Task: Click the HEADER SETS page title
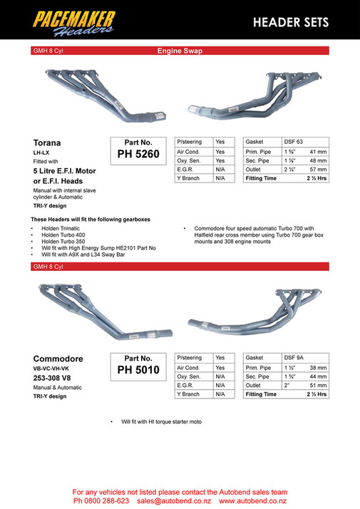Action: coord(290,22)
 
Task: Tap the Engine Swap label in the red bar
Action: coord(180,51)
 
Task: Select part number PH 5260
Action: coord(138,153)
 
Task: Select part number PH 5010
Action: coord(138,369)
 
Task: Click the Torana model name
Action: coord(48,143)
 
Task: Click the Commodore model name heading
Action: coord(58,359)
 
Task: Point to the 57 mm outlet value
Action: coord(317,170)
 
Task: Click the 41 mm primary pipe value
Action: coord(317,152)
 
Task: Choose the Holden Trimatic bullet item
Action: coord(63,230)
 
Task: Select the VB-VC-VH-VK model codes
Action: coord(53,369)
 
